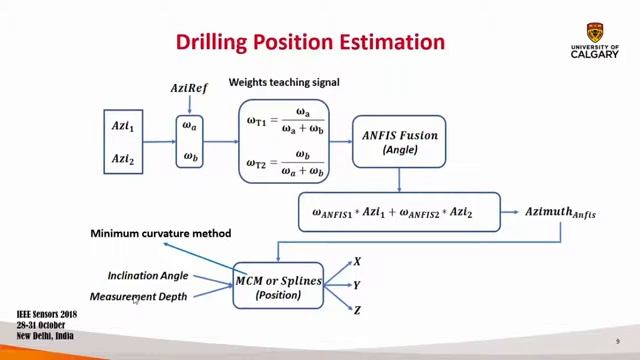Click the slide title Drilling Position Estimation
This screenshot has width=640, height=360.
310,42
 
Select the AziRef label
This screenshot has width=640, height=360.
189,88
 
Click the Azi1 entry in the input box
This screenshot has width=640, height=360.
123,126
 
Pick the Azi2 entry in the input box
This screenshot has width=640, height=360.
123,159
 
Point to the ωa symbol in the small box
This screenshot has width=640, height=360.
189,126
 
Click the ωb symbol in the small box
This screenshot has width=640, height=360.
189,156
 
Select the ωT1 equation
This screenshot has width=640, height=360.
285,120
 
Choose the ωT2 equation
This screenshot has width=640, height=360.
285,162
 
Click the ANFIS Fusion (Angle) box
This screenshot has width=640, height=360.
399,141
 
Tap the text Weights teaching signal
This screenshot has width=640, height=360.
284,82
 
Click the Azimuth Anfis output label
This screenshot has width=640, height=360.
560,212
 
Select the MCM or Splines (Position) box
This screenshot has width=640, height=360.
278,287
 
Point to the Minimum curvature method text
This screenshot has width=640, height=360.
160,233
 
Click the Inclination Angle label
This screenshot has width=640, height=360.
147,275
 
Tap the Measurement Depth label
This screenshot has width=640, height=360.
138,296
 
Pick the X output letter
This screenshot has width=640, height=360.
357,262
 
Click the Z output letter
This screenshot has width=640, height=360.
357,310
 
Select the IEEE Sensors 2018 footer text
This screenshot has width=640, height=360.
46,315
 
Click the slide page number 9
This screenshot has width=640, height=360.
618,342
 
